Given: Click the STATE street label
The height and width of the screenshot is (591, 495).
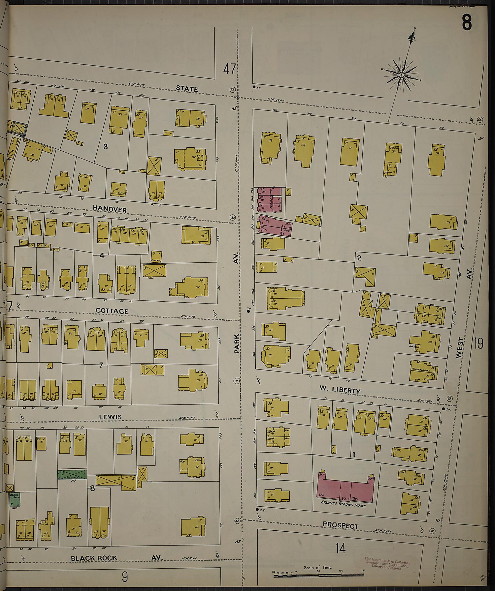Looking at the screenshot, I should [187, 89].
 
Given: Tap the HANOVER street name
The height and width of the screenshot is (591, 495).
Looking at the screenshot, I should [110, 209].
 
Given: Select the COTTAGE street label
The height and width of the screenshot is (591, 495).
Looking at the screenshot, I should [112, 311].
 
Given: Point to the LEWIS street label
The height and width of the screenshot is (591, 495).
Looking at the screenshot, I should [111, 417].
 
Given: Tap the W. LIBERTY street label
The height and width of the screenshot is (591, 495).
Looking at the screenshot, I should [340, 390].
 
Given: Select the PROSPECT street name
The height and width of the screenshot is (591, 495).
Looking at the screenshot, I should [340, 525].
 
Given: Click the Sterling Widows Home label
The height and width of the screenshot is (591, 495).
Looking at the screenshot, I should [344, 504].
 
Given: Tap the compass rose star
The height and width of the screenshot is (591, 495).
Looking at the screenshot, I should [401, 75].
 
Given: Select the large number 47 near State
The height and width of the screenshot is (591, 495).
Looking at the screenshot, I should [230, 69].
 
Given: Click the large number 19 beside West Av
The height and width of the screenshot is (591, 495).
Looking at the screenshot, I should [478, 343].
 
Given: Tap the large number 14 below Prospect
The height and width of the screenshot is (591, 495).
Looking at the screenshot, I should [341, 548].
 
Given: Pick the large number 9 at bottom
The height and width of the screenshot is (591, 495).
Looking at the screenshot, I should [125, 577].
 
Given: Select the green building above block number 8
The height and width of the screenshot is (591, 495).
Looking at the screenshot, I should [72, 475].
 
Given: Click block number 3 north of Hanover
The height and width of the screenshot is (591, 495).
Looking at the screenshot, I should [105, 146].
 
